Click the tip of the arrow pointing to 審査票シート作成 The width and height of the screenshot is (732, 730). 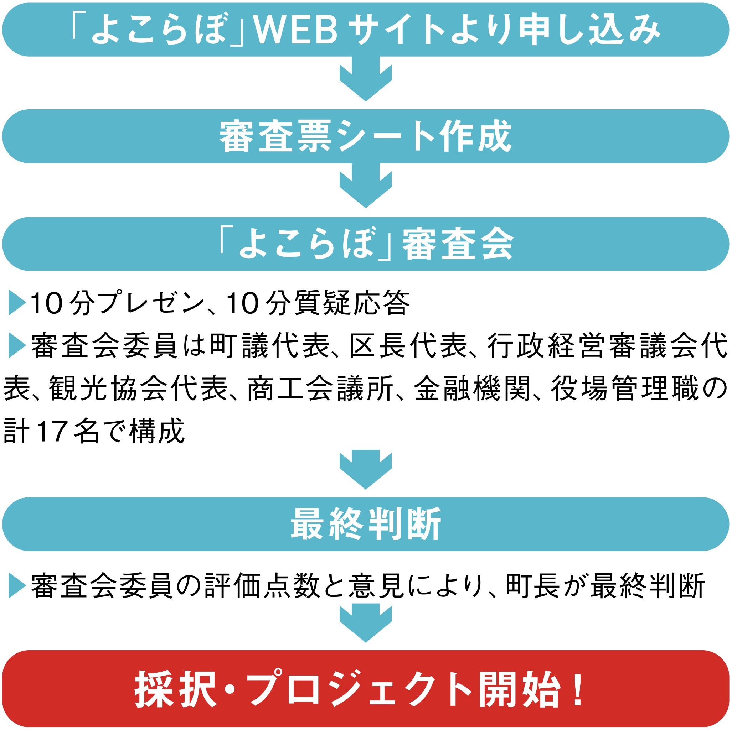[366, 101]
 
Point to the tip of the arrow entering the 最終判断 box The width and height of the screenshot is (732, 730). [366, 489]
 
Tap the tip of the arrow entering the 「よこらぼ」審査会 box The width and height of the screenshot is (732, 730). [366, 208]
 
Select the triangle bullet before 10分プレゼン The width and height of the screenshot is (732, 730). [17, 303]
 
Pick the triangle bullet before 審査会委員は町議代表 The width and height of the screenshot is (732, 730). [17, 345]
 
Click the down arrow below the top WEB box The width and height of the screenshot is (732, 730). [366, 79]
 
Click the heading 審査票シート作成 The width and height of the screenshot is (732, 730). [366, 136]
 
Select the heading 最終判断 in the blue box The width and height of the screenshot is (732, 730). [366, 524]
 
